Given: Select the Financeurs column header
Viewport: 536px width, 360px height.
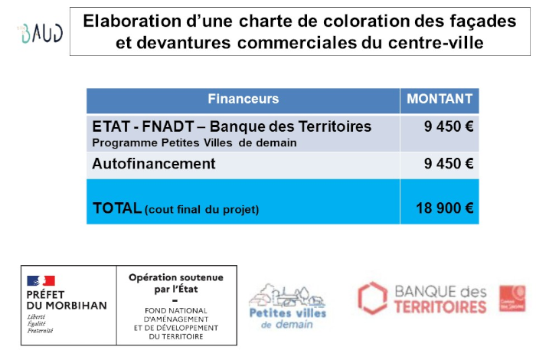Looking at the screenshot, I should click(243, 99).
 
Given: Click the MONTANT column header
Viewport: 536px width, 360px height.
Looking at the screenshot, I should click(440, 99).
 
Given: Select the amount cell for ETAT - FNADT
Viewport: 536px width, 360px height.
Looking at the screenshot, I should click(449, 126).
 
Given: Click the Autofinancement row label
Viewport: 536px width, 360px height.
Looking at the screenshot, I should click(153, 164).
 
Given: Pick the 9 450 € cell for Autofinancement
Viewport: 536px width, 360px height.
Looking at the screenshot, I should click(449, 164).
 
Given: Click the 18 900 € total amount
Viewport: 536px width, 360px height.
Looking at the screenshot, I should click(444, 208).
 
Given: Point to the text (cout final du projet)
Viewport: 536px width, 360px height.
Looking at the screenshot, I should click(202, 209).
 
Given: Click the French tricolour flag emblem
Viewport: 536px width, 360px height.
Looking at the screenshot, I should click(41, 281).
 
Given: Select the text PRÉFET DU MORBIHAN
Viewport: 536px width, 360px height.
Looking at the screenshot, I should click(67, 300).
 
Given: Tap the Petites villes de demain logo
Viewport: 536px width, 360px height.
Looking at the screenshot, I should click(287, 304).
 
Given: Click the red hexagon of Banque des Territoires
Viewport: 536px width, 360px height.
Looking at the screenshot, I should click(373, 298).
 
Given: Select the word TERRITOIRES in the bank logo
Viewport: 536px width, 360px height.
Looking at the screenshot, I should click(440, 307).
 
